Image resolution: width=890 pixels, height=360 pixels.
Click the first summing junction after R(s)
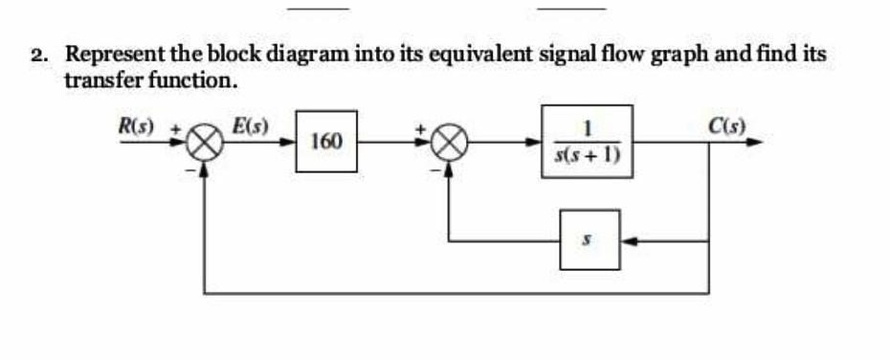tap(203, 145)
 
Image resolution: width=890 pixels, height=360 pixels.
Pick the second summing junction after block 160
tap(451, 144)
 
